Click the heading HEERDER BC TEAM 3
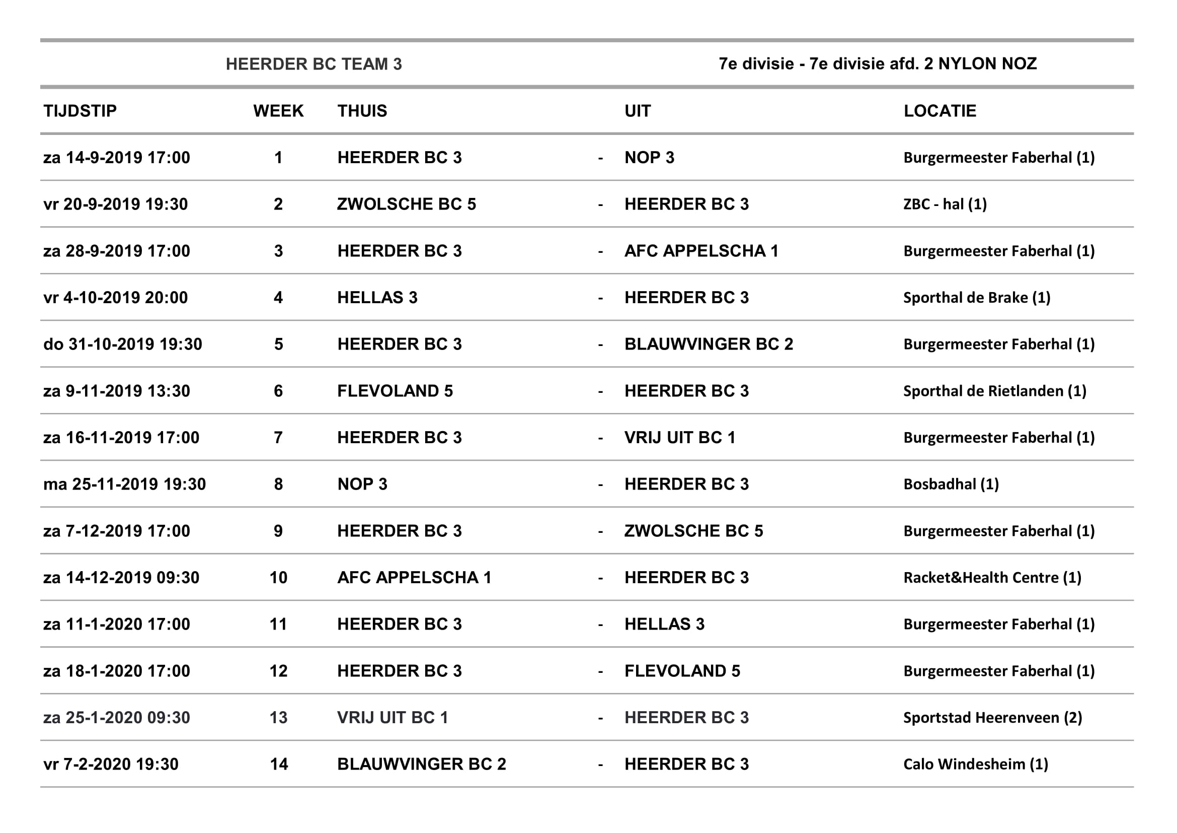[313, 64]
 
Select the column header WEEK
[278, 111]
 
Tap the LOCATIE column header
[939, 111]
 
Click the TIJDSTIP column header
[80, 111]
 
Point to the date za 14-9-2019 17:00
[116, 158]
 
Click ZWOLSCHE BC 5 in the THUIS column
[407, 204]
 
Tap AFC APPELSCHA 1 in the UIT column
[701, 251]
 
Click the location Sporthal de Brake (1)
[977, 298]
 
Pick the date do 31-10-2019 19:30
[122, 344]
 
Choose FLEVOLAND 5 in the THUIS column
[395, 391]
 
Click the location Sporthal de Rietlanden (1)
[994, 391]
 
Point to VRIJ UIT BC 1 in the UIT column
[680, 438]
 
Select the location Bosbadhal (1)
[951, 484]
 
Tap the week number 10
[278, 578]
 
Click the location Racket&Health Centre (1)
[992, 578]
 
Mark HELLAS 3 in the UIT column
[664, 624]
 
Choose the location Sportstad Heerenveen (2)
[992, 718]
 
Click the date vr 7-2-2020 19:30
[111, 765]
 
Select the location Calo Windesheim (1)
[976, 765]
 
